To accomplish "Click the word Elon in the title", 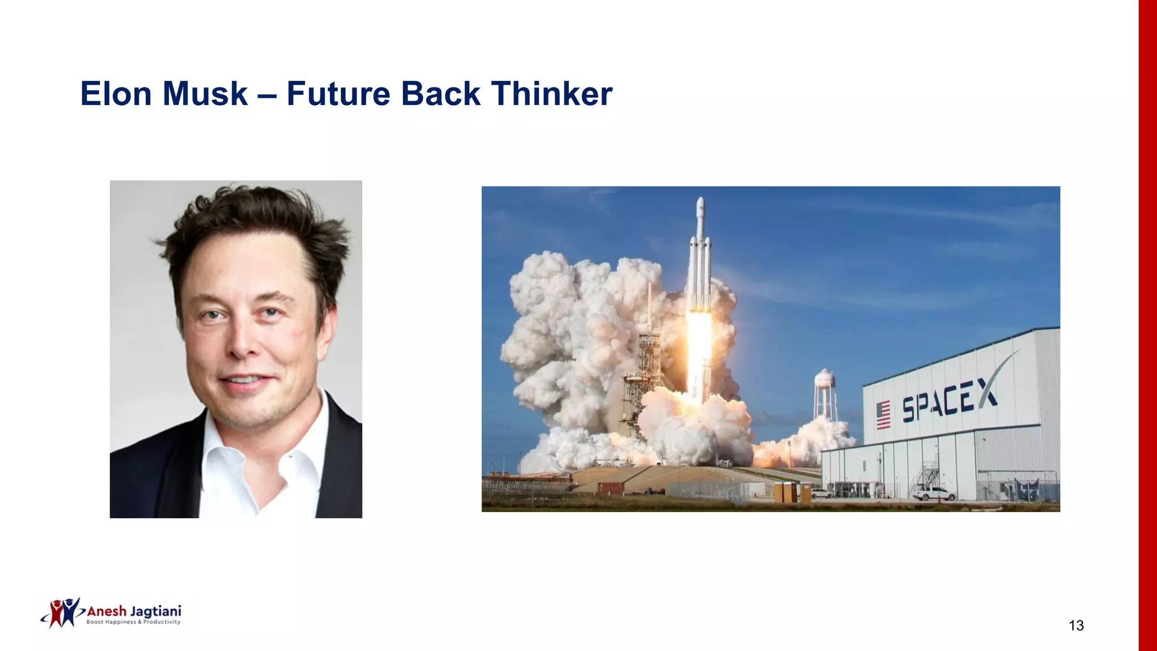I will pyautogui.click(x=116, y=94).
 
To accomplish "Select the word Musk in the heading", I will pyautogui.click(x=205, y=94).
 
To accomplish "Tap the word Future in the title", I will pyautogui.click(x=338, y=94).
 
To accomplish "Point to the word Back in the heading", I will pyautogui.click(x=441, y=94).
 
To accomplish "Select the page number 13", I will pyautogui.click(x=1076, y=626).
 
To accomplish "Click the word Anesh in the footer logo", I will pyautogui.click(x=107, y=611).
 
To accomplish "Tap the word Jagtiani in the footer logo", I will pyautogui.click(x=156, y=612).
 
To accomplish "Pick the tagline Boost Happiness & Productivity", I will pyautogui.click(x=133, y=622).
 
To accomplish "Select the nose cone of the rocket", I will pyautogui.click(x=701, y=205).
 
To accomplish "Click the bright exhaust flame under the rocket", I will pyautogui.click(x=699, y=345).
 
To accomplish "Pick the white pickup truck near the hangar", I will pyautogui.click(x=934, y=494).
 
